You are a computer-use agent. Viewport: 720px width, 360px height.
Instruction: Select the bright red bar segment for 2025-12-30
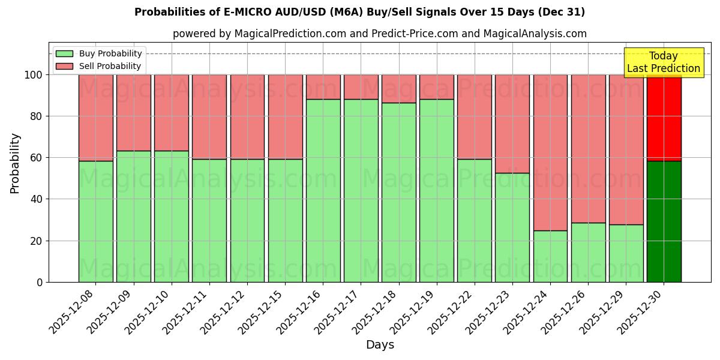(x=664, y=118)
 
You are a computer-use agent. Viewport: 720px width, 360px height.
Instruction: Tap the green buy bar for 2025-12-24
(x=550, y=256)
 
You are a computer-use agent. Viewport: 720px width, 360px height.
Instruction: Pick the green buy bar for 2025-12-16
(x=323, y=190)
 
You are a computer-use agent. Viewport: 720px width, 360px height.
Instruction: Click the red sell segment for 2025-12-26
(x=588, y=148)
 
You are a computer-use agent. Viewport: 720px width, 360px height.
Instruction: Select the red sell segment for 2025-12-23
(x=512, y=124)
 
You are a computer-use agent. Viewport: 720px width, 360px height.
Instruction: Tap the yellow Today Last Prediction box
(x=664, y=62)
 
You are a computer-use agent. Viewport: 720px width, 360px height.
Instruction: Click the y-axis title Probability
(x=16, y=163)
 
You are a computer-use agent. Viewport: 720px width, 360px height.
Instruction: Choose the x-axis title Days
(x=380, y=345)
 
